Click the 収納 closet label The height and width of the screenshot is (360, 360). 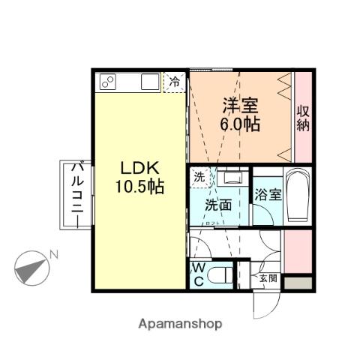tap(303, 118)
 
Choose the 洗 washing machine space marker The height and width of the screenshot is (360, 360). tap(199, 178)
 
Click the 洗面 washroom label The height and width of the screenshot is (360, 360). tap(218, 205)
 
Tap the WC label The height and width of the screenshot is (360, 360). tap(199, 275)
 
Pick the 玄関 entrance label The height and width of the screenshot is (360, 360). tap(268, 278)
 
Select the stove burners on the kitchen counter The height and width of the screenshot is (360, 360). tap(106, 82)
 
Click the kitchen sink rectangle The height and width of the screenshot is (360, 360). tap(149, 82)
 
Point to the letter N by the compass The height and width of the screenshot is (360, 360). tap(54, 255)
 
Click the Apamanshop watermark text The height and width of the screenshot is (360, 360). tap(179, 325)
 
